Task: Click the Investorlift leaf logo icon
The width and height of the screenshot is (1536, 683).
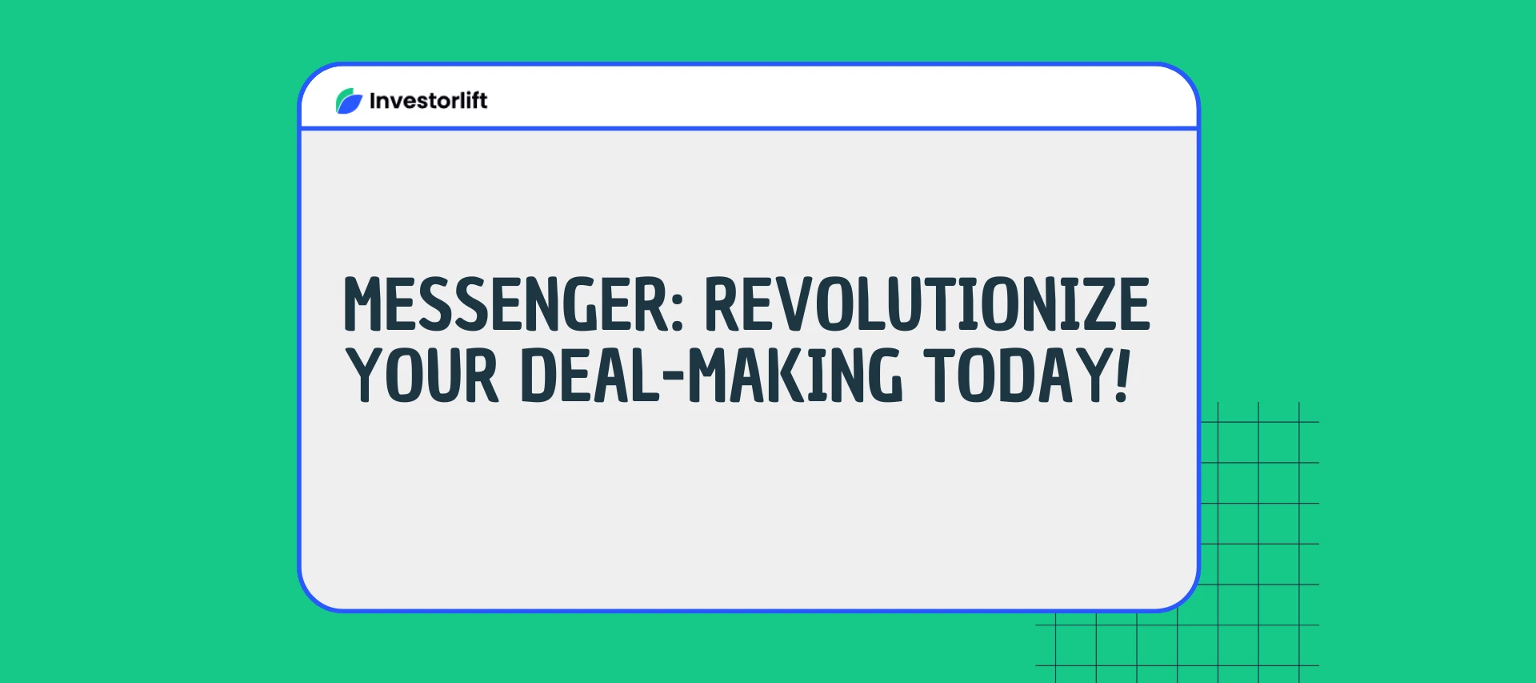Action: [349, 101]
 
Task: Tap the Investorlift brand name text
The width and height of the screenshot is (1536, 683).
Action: [428, 101]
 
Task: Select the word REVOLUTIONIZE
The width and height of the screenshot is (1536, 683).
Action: [926, 304]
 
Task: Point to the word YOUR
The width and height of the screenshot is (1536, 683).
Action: [422, 375]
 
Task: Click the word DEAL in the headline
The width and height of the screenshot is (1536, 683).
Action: [590, 375]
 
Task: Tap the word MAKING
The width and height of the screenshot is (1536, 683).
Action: [795, 375]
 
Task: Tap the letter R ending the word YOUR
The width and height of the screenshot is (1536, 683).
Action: [481, 375]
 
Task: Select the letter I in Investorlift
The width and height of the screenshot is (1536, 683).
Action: [373, 101]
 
